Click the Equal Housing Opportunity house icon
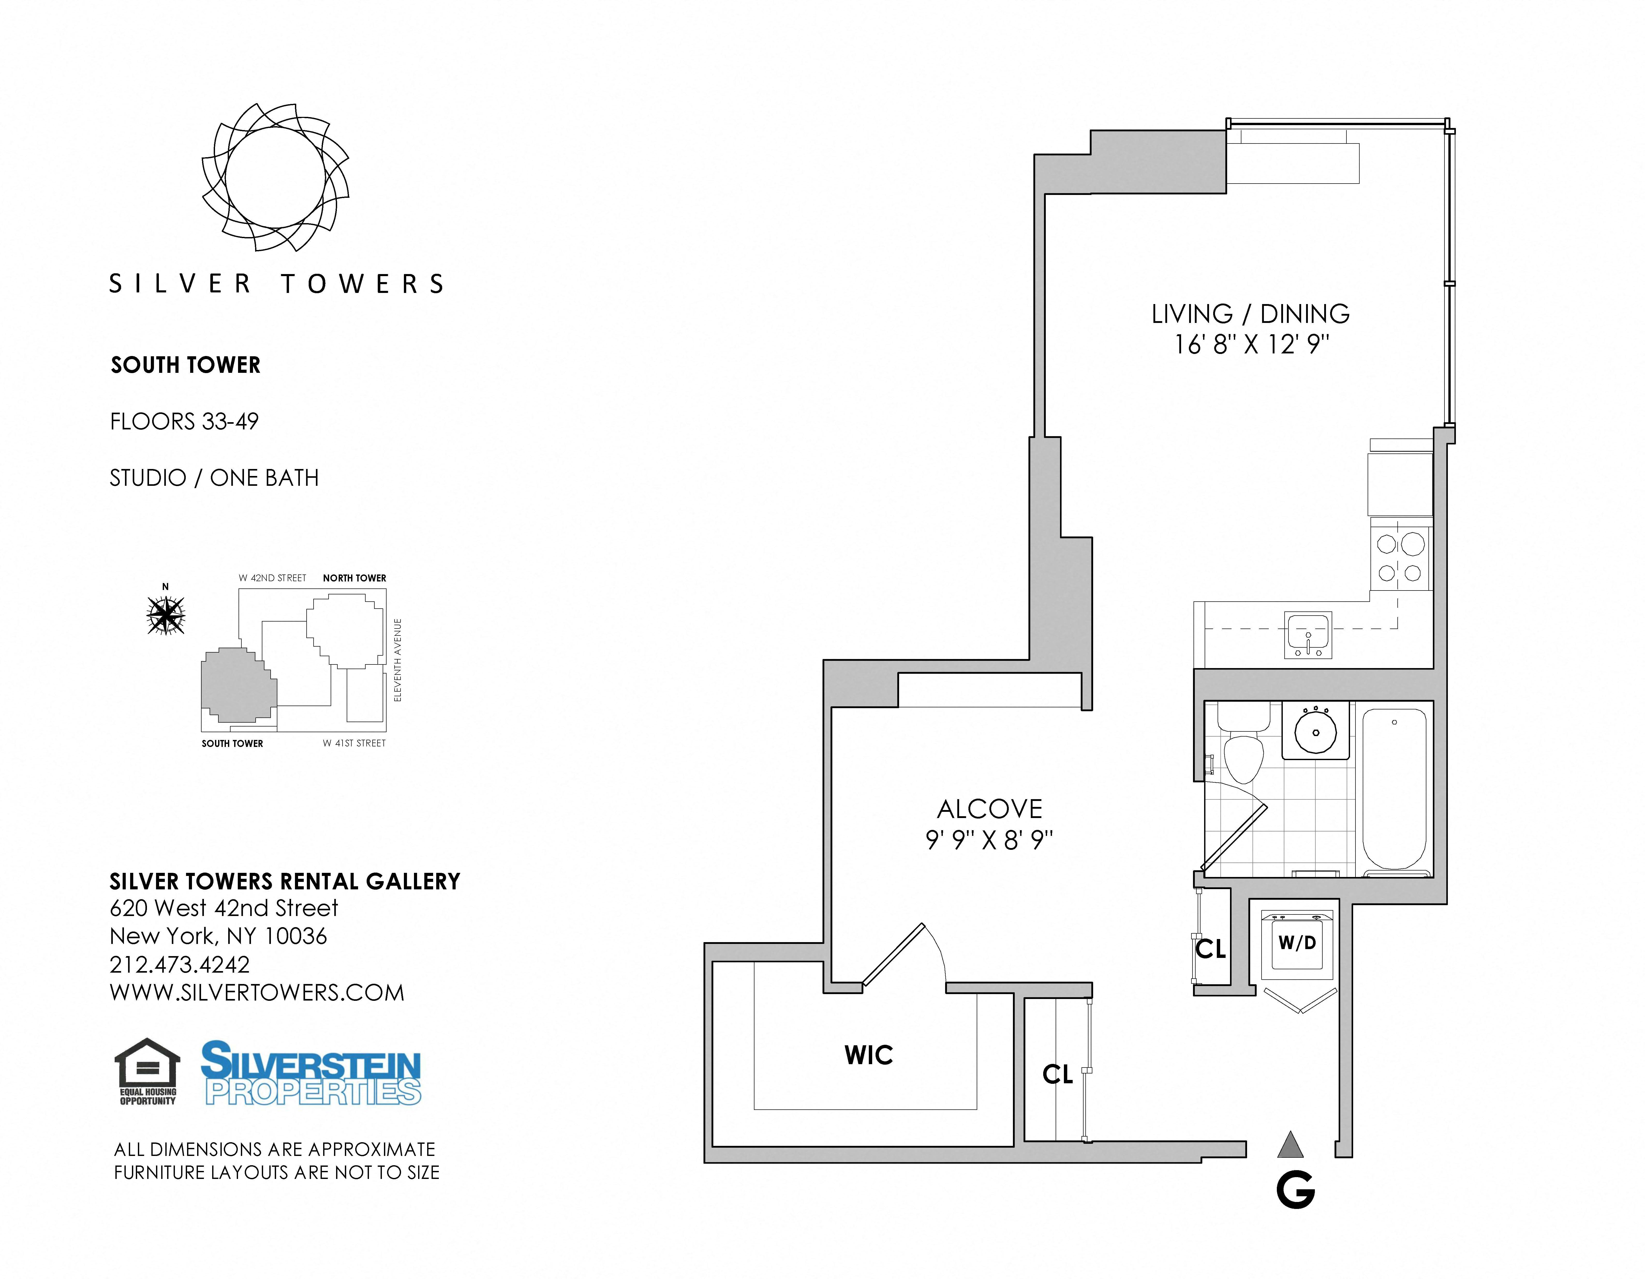point(148,1072)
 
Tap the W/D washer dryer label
point(1297,942)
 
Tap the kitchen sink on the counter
point(1308,635)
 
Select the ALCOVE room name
point(990,809)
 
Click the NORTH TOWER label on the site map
point(355,578)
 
